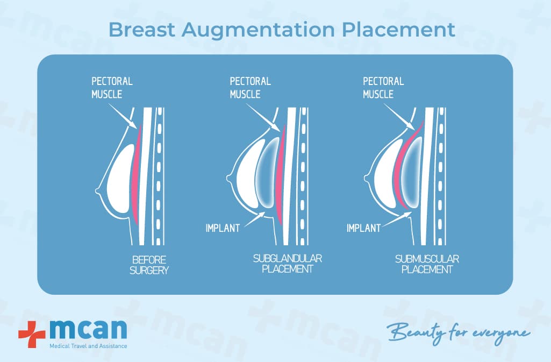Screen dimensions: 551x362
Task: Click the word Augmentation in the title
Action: point(258,31)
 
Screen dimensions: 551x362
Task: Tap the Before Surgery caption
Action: point(149,265)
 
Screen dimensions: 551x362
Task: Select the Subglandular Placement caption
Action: point(288,264)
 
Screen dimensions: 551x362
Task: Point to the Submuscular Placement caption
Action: point(427,264)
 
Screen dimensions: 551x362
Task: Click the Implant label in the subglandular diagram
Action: point(223,228)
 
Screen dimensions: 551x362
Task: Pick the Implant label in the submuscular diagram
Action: point(364,228)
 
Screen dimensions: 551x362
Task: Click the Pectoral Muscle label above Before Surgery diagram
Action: point(112,88)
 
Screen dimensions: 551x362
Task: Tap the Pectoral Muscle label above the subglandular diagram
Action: point(250,88)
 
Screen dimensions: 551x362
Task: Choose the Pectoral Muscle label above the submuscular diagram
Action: point(383,88)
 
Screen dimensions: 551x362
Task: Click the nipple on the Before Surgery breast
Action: point(97,191)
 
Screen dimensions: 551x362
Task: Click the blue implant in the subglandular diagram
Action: point(267,172)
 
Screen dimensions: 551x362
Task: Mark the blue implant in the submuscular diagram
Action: point(411,172)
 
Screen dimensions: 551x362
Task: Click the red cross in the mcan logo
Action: point(32,334)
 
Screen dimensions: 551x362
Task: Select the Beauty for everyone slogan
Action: point(458,332)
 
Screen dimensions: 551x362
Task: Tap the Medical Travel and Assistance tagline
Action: point(88,346)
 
